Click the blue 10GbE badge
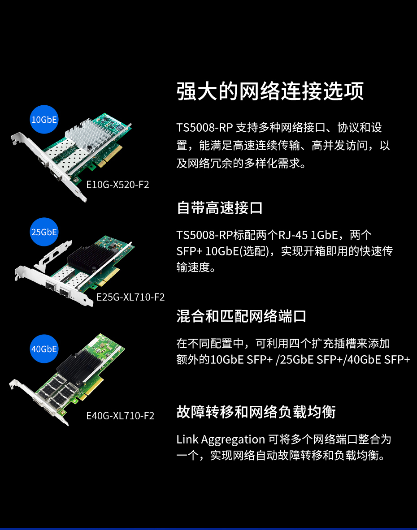[x=44, y=119]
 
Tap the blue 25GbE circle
[x=44, y=232]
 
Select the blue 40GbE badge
[x=44, y=349]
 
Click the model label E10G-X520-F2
[x=117, y=185]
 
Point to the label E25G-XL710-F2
[x=130, y=297]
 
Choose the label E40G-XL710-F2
[x=120, y=416]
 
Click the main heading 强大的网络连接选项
[x=270, y=91]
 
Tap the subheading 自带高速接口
[x=220, y=207]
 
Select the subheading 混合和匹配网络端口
[x=241, y=316]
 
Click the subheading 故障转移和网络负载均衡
[x=256, y=412]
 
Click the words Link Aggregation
[x=221, y=440]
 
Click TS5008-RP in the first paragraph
[x=204, y=128]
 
